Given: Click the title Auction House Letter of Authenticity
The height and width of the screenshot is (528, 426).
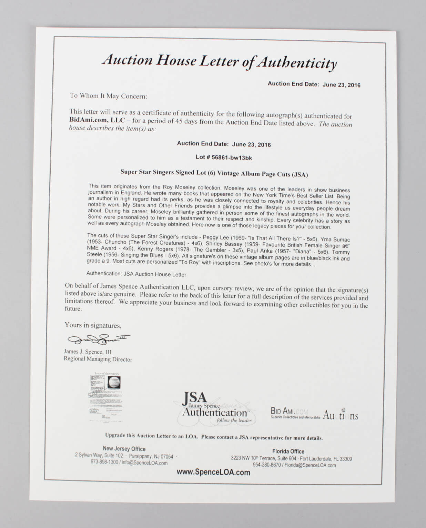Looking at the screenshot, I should pos(219,62).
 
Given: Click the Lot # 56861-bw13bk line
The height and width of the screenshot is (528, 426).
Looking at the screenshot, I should pos(224,158).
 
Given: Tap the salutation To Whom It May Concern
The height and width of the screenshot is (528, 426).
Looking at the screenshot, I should pos(108,96).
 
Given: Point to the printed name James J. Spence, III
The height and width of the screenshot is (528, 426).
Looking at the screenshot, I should pos(88,352).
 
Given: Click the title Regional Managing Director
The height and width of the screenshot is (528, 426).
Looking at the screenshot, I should pos(98,359).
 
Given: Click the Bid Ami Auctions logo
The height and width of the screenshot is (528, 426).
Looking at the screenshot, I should pos(314,414).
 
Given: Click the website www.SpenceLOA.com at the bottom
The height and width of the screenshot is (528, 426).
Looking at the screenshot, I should pos(213,472).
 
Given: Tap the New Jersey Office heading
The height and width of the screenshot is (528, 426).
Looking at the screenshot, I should pos(124,449).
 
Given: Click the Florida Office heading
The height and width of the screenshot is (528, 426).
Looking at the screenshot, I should pos(288,451).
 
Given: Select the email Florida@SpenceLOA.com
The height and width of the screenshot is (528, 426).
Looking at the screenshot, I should pos(310,465).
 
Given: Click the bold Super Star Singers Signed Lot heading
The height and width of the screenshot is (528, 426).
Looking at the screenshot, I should pos(214,173).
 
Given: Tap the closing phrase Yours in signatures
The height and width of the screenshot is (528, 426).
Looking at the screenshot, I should pos(93,325).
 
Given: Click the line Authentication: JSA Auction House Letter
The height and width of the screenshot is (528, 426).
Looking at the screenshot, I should pos(136,274).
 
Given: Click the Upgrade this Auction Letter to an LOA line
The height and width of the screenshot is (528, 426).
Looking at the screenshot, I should pos(214,437).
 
